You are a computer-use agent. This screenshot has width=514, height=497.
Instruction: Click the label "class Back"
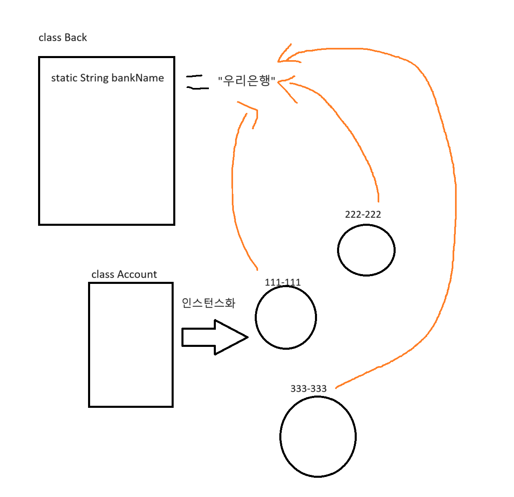tap(63, 38)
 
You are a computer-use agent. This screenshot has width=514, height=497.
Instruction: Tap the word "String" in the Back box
tap(94, 78)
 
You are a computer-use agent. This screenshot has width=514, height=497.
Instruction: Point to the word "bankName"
tap(138, 78)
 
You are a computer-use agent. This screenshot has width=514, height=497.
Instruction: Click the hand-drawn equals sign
tap(197, 82)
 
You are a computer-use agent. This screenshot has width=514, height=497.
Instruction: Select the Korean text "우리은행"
tap(247, 80)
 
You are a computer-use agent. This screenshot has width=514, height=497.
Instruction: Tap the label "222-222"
tap(363, 214)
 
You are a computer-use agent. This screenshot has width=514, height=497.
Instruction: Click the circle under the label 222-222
tap(366, 250)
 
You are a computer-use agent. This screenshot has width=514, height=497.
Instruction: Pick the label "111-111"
tap(283, 282)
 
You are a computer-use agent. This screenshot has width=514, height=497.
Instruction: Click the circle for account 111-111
tap(286, 317)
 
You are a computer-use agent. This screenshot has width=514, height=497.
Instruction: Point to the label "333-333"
tap(308, 389)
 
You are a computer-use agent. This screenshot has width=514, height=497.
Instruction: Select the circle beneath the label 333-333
tap(318, 436)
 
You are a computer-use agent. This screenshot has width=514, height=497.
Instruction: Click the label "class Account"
tap(124, 274)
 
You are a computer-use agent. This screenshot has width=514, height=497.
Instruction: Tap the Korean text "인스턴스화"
tap(208, 303)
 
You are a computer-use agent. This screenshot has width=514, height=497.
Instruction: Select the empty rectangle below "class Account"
tap(131, 345)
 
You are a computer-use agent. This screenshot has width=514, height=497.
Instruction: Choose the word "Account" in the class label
tap(137, 274)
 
